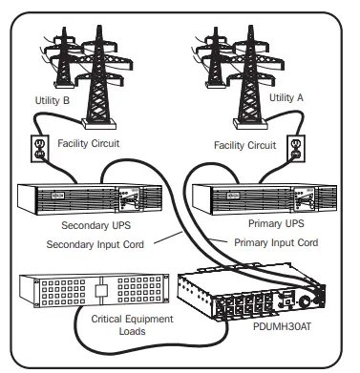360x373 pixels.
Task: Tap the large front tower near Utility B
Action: click(101, 76)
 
